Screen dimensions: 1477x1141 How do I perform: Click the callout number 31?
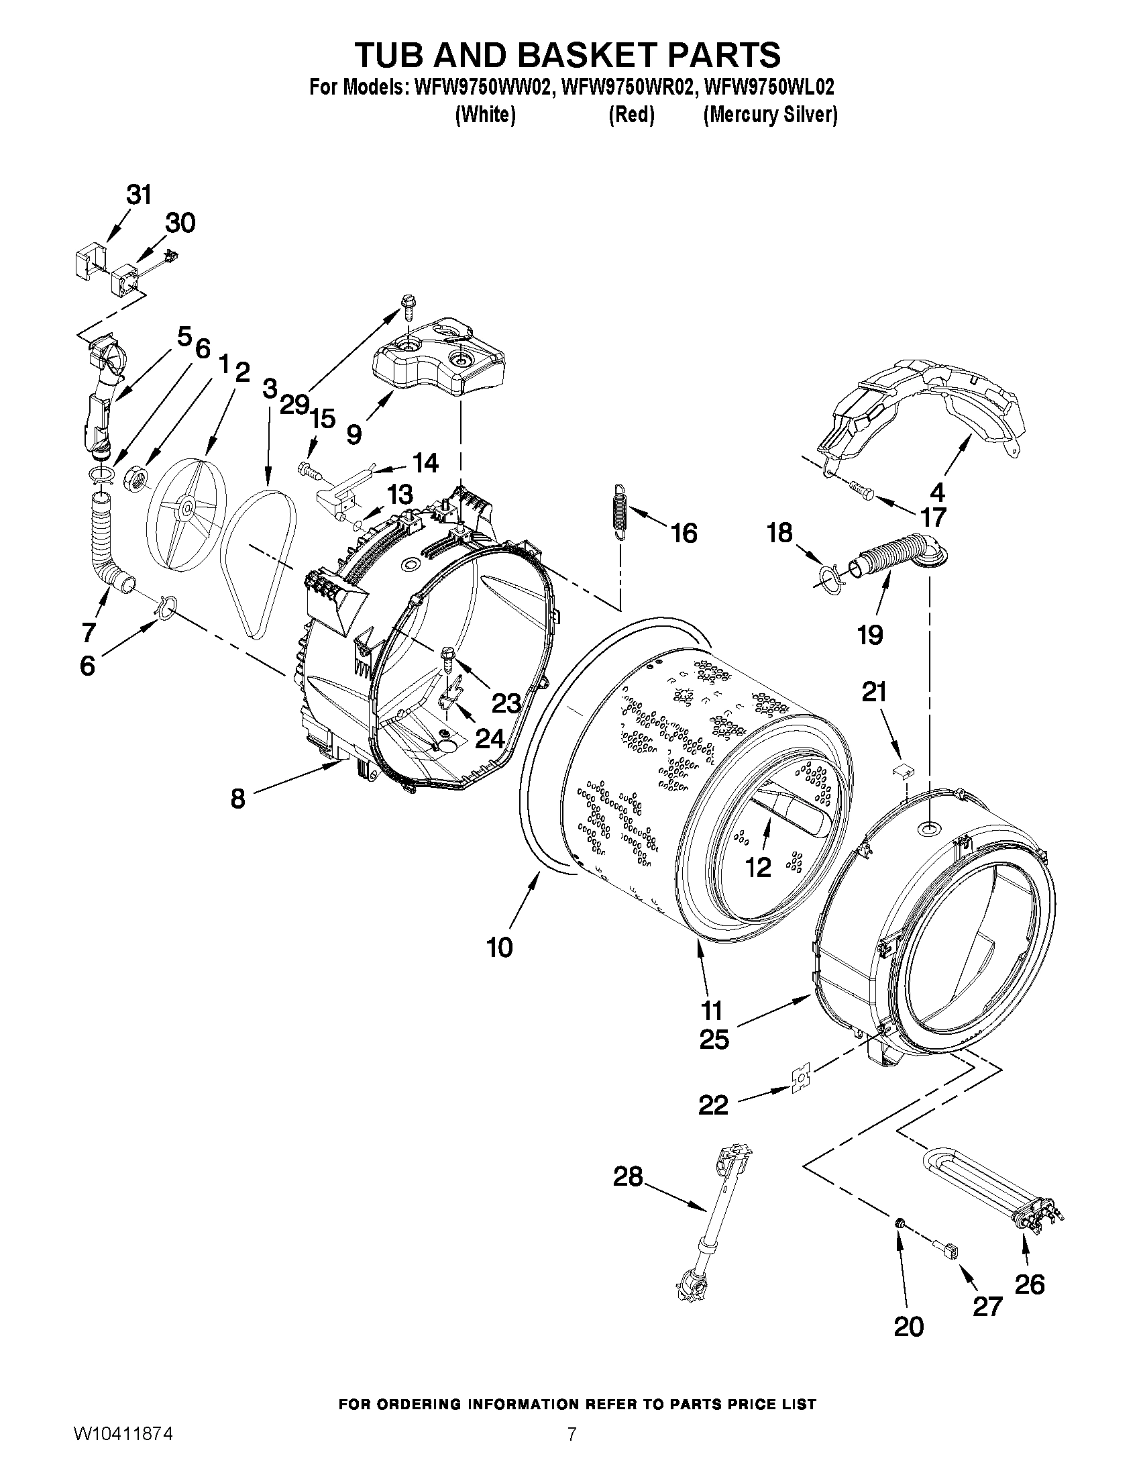click(139, 195)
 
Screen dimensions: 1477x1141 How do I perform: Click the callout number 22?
click(713, 1105)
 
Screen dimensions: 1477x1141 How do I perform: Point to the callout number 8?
click(237, 799)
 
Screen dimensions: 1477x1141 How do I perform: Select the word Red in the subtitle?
click(631, 115)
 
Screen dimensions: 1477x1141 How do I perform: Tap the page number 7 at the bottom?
click(572, 1452)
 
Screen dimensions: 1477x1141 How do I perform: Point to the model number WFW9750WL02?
click(769, 87)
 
